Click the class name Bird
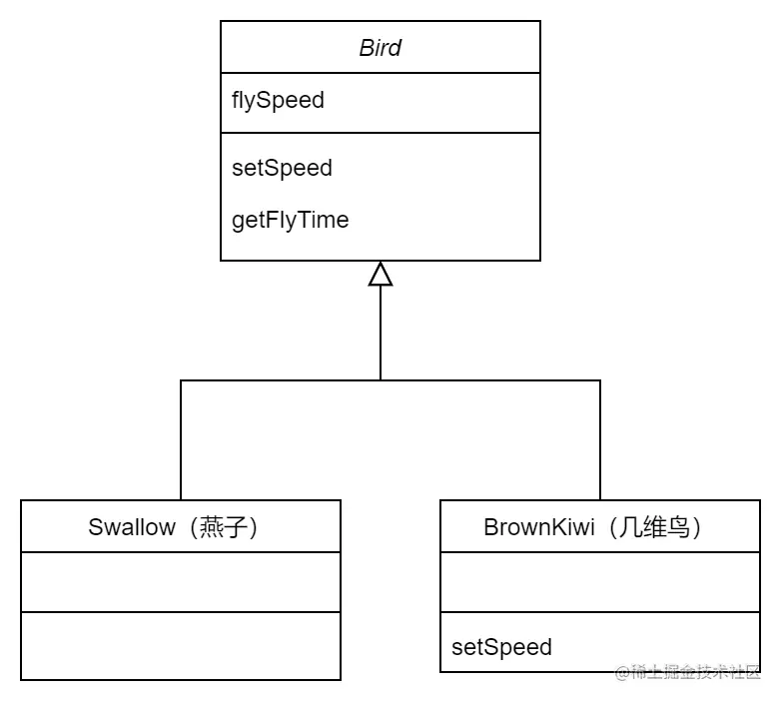[380, 48]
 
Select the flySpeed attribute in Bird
[278, 101]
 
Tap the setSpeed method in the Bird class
[282, 168]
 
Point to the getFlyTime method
[290, 220]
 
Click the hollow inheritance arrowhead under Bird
[381, 274]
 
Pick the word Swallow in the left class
[131, 527]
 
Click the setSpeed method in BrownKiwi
[501, 646]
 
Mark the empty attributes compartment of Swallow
[181, 582]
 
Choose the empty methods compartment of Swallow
[181, 646]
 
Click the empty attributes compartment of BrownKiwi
[600, 582]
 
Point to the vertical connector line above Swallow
[181, 439]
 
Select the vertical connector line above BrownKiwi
[600, 439]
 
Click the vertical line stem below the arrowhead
[381, 335]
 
